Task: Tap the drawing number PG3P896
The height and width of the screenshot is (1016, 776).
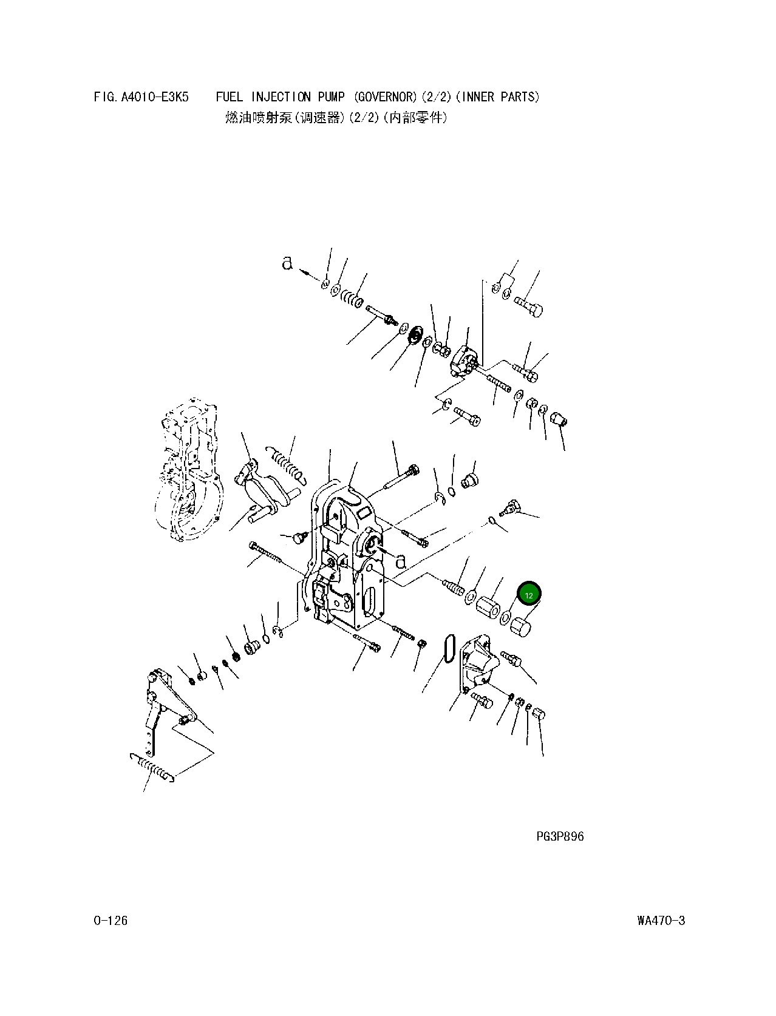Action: coord(559,836)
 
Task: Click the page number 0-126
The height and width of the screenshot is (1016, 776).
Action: coord(111,921)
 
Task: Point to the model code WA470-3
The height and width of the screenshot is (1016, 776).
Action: coord(661,921)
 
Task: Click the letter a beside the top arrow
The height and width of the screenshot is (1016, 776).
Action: coord(287,263)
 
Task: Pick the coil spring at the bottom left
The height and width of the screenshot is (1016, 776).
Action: coord(153,767)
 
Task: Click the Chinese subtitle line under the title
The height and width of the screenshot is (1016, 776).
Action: coord(336,118)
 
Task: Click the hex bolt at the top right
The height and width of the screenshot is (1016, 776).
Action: coord(529,305)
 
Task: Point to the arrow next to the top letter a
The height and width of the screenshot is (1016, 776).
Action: coord(311,274)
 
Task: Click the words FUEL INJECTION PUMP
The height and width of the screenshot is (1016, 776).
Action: coord(280,97)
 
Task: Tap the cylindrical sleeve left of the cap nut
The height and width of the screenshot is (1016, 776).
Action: coord(488,606)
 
